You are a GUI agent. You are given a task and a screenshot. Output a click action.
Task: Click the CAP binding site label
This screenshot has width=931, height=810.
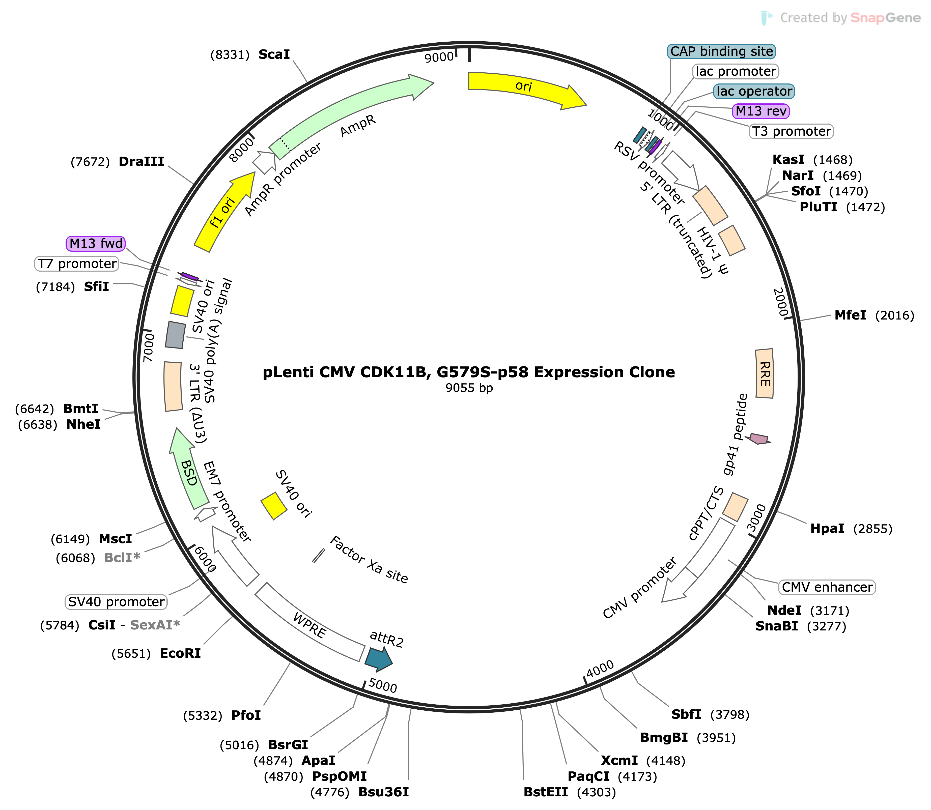point(722,51)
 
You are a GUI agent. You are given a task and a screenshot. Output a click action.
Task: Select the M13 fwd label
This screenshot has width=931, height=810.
point(96,244)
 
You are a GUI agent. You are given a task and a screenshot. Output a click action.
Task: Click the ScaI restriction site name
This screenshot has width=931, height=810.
point(274,55)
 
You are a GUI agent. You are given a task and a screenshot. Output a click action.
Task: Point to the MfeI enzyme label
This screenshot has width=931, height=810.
point(851,315)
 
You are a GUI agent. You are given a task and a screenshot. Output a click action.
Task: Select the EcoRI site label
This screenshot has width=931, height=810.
point(180,654)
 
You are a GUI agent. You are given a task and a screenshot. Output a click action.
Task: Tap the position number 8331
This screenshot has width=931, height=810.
point(230,55)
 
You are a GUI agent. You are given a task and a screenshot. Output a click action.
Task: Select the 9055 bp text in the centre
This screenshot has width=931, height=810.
point(469,388)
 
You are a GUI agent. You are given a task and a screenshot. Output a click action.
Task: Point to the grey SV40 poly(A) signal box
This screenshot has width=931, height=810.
point(176,334)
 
